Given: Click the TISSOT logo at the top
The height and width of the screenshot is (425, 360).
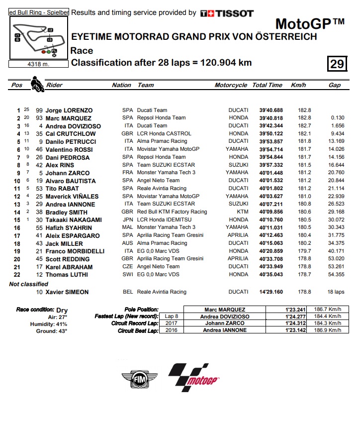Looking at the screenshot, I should (x=227, y=13).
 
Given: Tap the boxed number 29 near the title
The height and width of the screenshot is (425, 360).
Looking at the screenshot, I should (x=336, y=64).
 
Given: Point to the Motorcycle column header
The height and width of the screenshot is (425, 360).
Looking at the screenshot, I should (x=231, y=85).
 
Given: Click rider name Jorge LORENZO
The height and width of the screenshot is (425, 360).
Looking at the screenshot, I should (x=69, y=110).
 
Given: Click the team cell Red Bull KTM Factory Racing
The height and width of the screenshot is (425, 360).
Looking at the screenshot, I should (x=172, y=212).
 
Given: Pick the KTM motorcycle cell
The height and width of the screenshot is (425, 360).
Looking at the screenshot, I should (x=242, y=212).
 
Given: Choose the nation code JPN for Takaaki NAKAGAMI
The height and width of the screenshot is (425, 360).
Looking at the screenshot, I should (x=127, y=219).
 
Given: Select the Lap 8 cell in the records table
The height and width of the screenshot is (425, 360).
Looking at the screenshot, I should (x=170, y=317).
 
